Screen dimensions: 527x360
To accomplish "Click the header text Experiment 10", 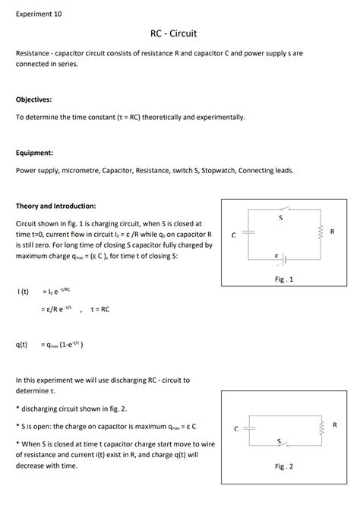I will click(x=39, y=14).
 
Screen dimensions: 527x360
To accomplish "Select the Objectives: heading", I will click(x=34, y=99).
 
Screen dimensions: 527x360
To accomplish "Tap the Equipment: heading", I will click(x=34, y=152).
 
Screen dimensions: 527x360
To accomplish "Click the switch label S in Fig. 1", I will click(x=280, y=218).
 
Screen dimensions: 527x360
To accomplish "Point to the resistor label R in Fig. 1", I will click(x=332, y=230).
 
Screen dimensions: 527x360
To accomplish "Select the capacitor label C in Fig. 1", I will click(x=234, y=235).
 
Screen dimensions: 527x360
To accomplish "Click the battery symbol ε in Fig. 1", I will click(x=277, y=257).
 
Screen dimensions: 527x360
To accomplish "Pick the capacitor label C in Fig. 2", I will click(x=236, y=429).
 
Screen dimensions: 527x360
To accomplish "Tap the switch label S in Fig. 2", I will click(x=279, y=440).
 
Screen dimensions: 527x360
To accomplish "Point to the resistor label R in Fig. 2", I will click(x=334, y=424).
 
